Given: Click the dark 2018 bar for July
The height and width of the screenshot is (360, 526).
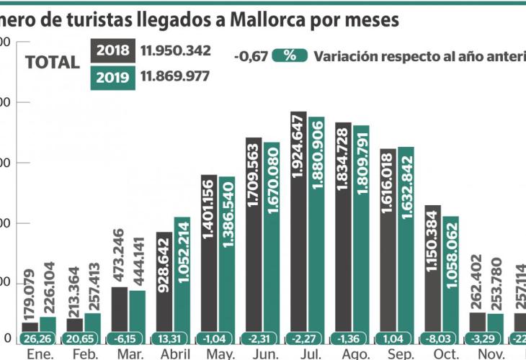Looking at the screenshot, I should (298, 223).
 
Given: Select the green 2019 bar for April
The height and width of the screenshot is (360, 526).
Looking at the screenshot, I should (182, 277).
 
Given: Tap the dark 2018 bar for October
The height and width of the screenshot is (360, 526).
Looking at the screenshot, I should (432, 270).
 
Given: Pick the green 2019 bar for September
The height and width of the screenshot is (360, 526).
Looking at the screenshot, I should (406, 241).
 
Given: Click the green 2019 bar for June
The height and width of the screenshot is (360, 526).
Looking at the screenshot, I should (271, 238).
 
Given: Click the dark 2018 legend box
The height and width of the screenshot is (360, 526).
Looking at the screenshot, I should (113, 50).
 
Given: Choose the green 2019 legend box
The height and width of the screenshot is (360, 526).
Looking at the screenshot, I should (113, 77).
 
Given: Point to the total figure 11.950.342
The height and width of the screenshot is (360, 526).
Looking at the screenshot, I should (175, 51).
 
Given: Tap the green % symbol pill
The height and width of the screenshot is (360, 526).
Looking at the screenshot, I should (290, 56).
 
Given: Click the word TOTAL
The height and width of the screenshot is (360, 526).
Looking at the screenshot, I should (52, 63).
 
